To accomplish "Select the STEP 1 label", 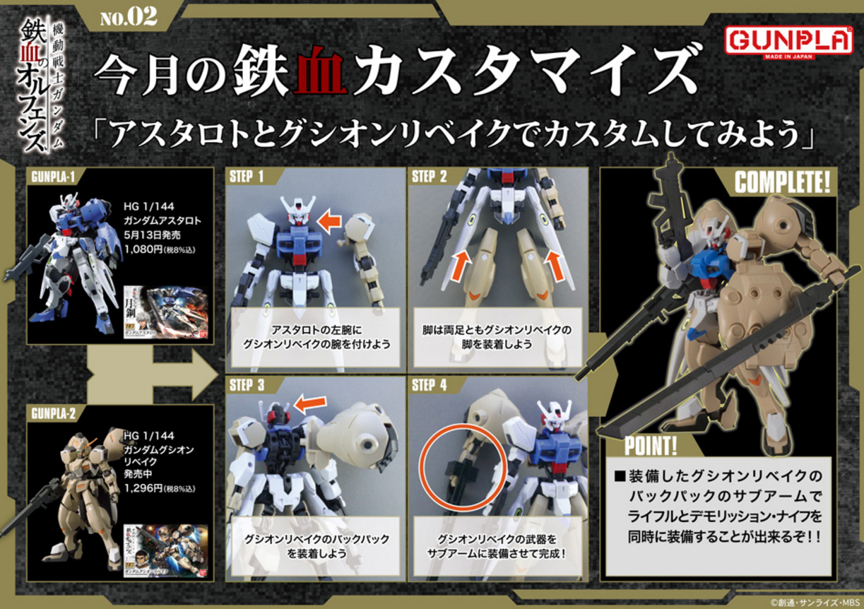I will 247,177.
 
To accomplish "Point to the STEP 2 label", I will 430,177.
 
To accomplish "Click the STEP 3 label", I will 247,385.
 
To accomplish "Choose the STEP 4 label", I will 430,385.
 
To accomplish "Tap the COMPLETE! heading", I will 782,183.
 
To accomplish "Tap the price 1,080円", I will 146,248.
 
